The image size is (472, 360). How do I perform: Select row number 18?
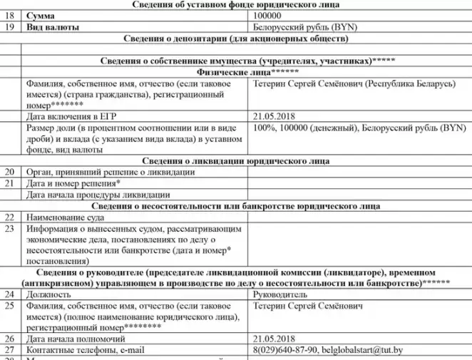click(x=9, y=16)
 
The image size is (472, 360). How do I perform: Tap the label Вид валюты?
click(x=51, y=27)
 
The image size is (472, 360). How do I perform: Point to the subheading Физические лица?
click(x=236, y=73)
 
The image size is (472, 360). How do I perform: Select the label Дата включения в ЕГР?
click(x=71, y=116)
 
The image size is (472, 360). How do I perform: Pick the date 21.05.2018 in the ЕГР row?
click(x=275, y=116)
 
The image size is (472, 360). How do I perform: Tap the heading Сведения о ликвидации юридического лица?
click(x=236, y=161)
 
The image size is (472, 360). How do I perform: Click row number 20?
click(x=9, y=172)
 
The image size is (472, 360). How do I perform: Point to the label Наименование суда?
click(x=68, y=217)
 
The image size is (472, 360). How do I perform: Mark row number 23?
click(x=9, y=229)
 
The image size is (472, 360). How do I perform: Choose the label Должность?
click(x=49, y=294)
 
